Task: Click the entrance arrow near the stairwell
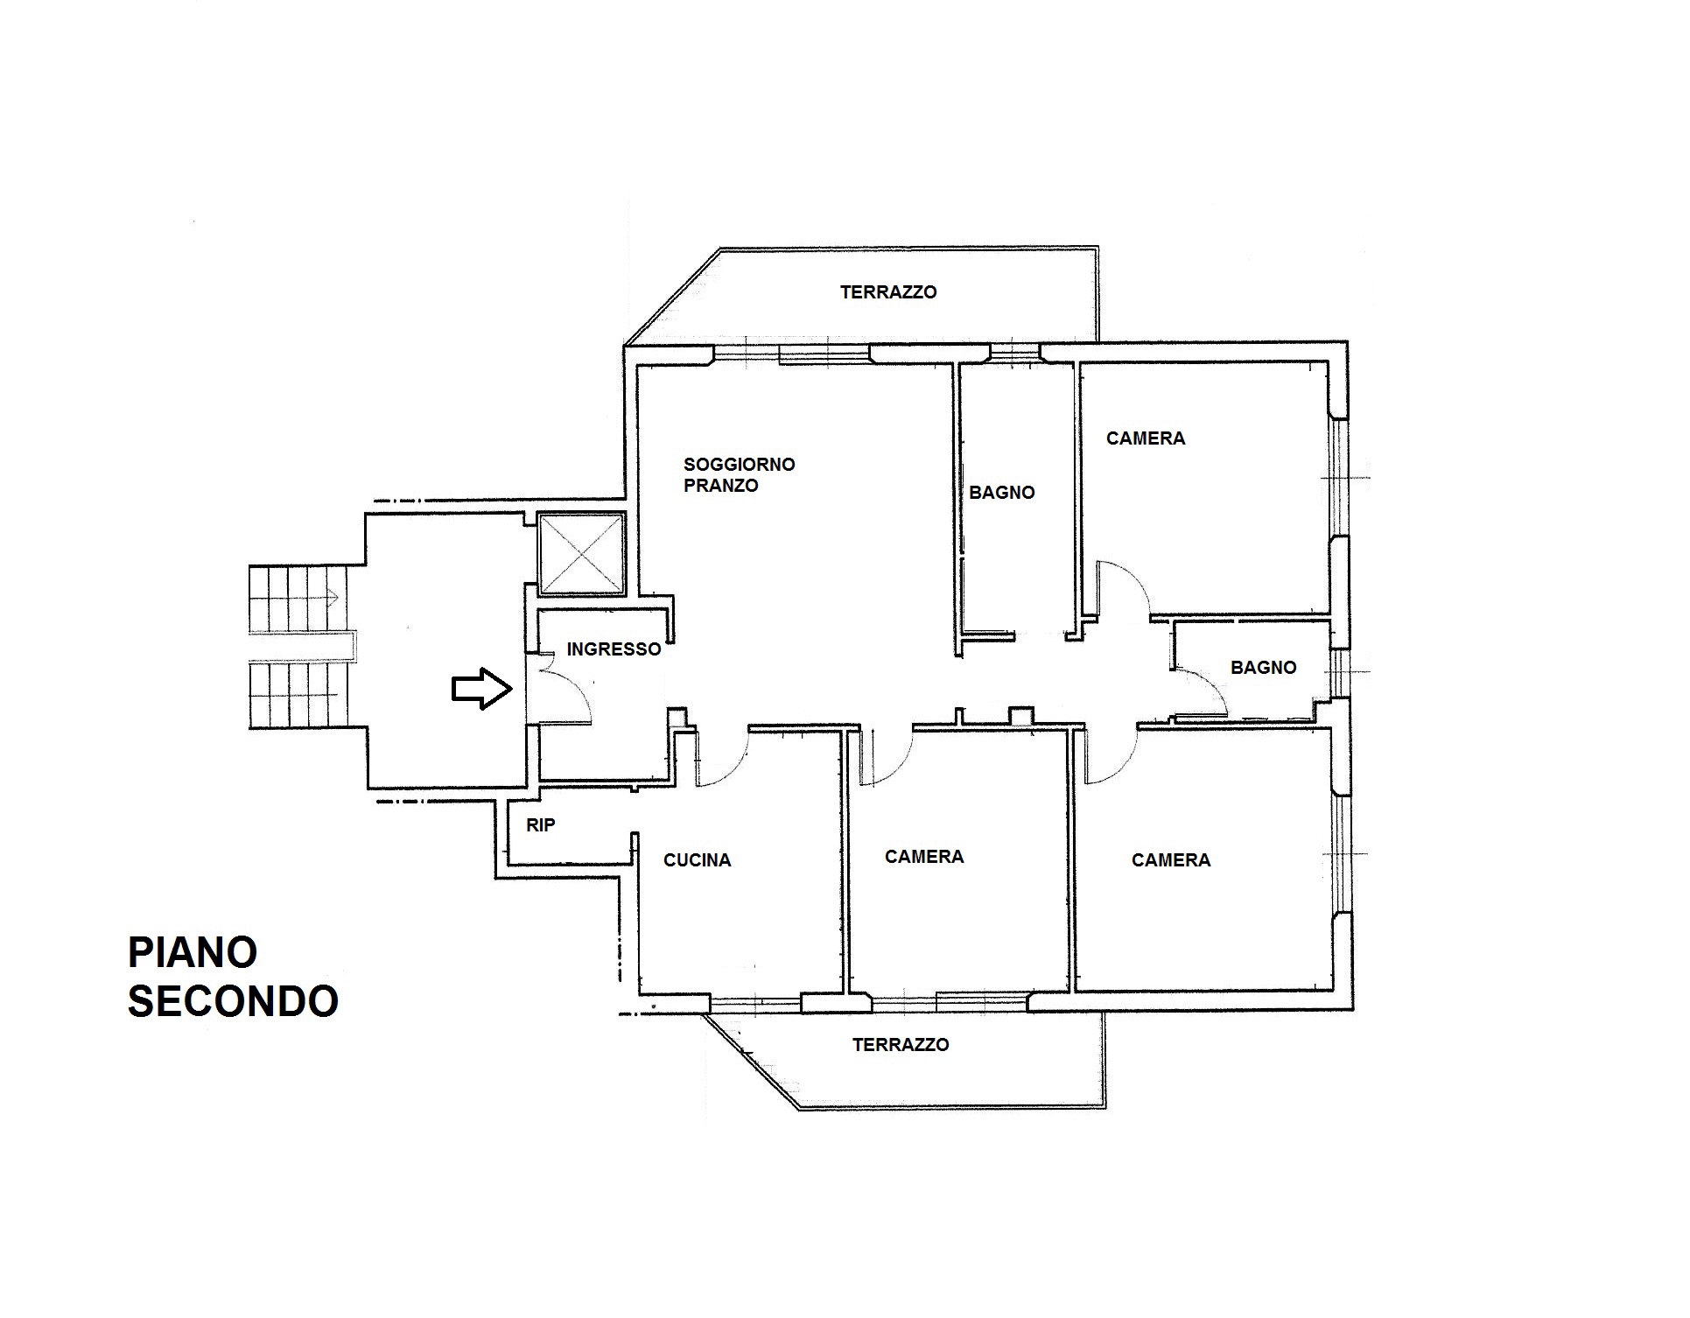click(481, 689)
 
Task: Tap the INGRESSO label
click(614, 649)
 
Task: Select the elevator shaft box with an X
click(580, 553)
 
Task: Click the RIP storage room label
click(540, 824)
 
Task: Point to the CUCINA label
click(697, 860)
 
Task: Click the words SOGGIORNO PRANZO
click(740, 475)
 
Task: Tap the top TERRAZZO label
click(888, 292)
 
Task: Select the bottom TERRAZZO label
click(901, 1044)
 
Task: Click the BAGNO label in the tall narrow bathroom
click(1002, 493)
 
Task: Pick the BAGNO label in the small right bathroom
click(1263, 668)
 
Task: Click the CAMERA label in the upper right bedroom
click(1146, 438)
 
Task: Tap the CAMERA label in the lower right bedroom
click(1171, 860)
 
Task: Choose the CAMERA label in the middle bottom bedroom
click(924, 857)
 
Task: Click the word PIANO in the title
click(193, 952)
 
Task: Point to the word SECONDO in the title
click(233, 1001)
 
